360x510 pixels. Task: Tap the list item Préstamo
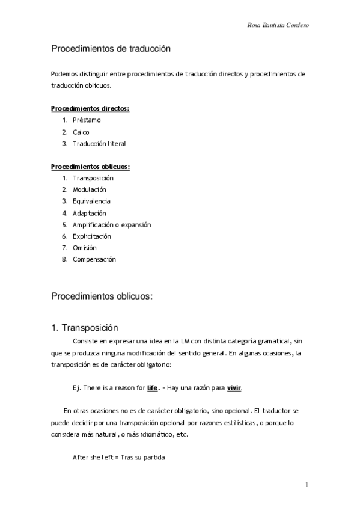(x=87, y=120)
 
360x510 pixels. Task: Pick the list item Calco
(x=81, y=132)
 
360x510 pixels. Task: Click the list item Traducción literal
(x=99, y=144)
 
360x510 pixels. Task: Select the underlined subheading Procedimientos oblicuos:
(x=90, y=167)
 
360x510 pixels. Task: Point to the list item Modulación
(x=90, y=190)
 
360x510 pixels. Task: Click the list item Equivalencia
(x=91, y=201)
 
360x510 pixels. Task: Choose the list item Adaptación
(x=89, y=213)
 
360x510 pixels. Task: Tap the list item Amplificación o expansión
(x=112, y=224)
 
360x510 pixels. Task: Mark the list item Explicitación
(x=93, y=236)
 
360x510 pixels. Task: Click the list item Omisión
(x=85, y=248)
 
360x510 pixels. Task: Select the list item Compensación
(x=94, y=259)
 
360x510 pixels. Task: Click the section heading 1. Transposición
(x=85, y=328)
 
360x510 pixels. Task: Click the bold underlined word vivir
(x=234, y=388)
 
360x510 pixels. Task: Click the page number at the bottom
(x=307, y=484)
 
